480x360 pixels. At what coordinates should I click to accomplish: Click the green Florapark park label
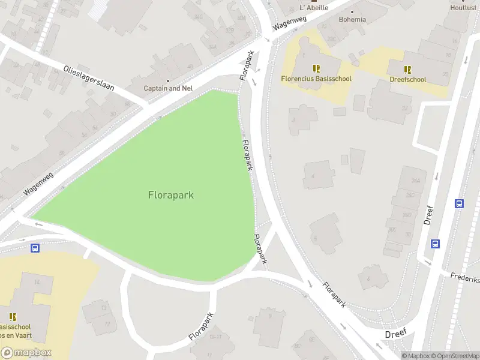pyautogui.click(x=170, y=195)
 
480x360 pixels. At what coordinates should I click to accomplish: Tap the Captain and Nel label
pyautogui.click(x=168, y=88)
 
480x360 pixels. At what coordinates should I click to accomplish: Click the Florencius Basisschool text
pyautogui.click(x=316, y=79)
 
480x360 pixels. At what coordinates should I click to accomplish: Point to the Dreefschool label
pyautogui.click(x=407, y=79)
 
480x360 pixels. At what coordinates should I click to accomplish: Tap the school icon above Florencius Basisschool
pyautogui.click(x=316, y=68)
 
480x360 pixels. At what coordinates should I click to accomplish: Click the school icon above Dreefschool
pyautogui.click(x=407, y=69)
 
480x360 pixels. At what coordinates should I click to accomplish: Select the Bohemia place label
pyautogui.click(x=352, y=20)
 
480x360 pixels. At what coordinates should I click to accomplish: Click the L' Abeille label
pyautogui.click(x=314, y=8)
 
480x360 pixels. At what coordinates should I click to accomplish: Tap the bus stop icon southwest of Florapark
pyautogui.click(x=35, y=247)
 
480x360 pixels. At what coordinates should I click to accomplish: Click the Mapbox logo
pyautogui.click(x=26, y=353)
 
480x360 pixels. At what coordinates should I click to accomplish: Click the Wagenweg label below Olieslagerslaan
pyautogui.click(x=39, y=183)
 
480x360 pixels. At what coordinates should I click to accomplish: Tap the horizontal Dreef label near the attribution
pyautogui.click(x=396, y=333)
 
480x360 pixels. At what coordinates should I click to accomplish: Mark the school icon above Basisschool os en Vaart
pyautogui.click(x=13, y=316)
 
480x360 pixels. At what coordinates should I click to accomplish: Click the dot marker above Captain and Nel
pyautogui.click(x=168, y=80)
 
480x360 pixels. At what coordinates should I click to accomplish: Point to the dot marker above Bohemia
pyautogui.click(x=352, y=11)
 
